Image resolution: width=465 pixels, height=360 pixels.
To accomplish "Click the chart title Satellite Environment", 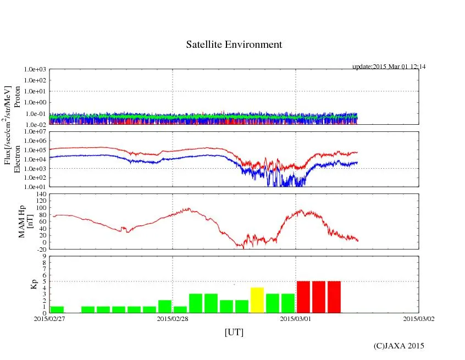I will pyautogui.click(x=234, y=45).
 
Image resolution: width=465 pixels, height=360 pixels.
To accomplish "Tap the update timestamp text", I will pyautogui.click(x=389, y=67).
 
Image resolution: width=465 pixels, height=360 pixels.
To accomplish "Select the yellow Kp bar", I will pyautogui.click(x=257, y=300).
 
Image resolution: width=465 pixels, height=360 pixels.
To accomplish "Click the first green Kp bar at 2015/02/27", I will pyautogui.click(x=57, y=309).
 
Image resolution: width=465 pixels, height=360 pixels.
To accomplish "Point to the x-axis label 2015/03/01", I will pyautogui.click(x=296, y=318).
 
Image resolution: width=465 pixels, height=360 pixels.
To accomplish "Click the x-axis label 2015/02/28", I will pyautogui.click(x=173, y=318).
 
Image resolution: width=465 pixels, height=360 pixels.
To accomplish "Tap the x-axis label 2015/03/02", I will pyautogui.click(x=419, y=318).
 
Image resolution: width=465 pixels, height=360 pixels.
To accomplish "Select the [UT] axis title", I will pyautogui.click(x=234, y=332).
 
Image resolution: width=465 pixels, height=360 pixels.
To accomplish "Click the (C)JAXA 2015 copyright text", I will pyautogui.click(x=399, y=346).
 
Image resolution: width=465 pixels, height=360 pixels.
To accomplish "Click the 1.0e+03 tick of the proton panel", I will pyautogui.click(x=35, y=70).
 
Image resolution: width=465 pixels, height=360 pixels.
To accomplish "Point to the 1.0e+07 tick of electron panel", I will pyautogui.click(x=35, y=132).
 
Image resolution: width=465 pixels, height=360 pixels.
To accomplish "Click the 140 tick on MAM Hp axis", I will pyautogui.click(x=40, y=194).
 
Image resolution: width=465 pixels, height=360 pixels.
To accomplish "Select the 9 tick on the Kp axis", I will pyautogui.click(x=43, y=256).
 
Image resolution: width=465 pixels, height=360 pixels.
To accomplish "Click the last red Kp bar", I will pyautogui.click(x=334, y=297).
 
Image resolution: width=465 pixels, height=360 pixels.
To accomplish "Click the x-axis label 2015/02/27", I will pyautogui.click(x=49, y=318).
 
